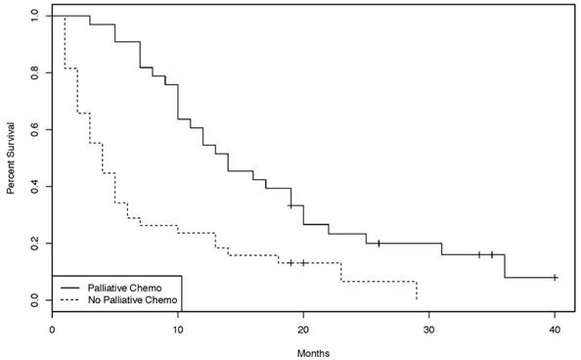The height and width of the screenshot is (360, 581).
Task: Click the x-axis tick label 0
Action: pos(53,331)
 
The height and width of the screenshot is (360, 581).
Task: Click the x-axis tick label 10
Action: pos(178,331)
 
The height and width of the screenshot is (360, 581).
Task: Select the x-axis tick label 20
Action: pos(303,331)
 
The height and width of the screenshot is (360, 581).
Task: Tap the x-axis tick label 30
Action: pos(428,331)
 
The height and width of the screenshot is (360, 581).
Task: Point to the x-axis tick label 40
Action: pos(555,331)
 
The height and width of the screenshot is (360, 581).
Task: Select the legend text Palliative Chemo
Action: pos(122,287)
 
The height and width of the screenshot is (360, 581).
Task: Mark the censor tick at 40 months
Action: pos(555,278)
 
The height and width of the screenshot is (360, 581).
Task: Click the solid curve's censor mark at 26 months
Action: pos(379,243)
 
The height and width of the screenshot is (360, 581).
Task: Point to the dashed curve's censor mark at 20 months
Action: pos(303,262)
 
